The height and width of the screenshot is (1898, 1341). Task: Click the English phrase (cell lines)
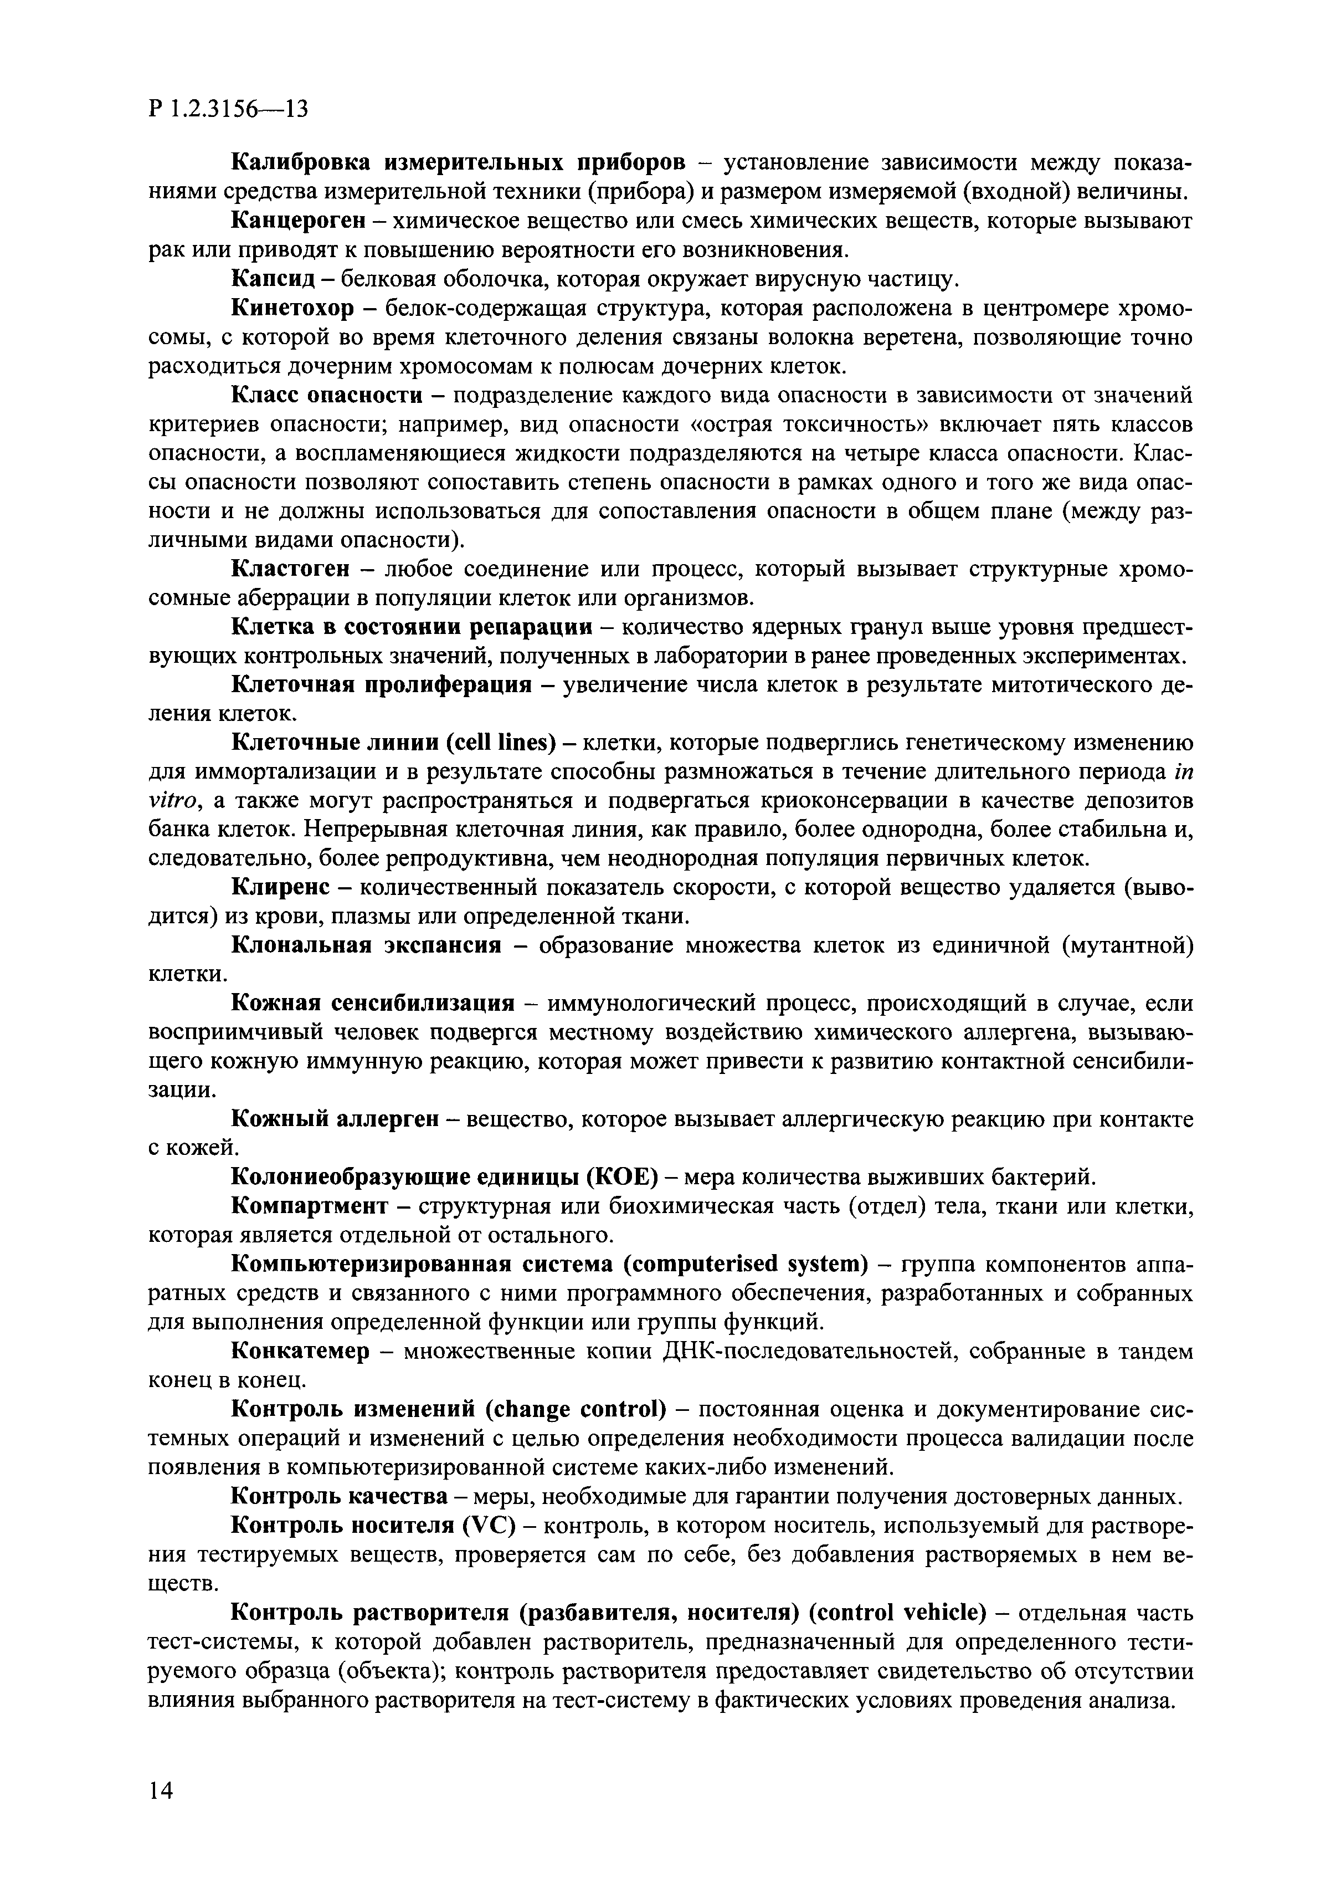click(501, 743)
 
